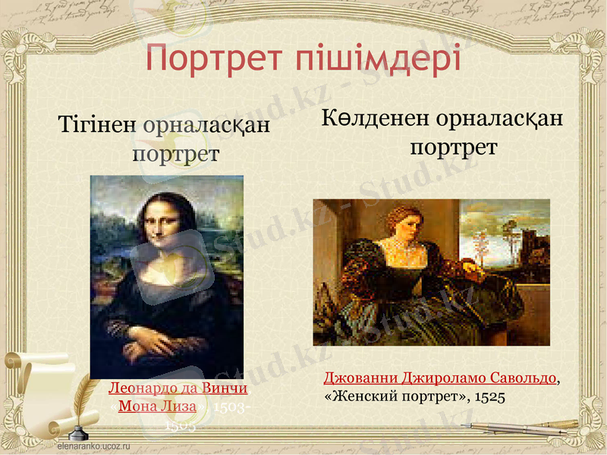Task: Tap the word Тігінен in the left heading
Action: click(x=97, y=125)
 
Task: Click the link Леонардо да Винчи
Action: click(x=178, y=388)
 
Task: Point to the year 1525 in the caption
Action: click(x=490, y=396)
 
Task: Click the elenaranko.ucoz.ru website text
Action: click(x=95, y=447)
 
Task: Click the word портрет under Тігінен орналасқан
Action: click(x=175, y=154)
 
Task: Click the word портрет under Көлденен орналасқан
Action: click(x=453, y=146)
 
